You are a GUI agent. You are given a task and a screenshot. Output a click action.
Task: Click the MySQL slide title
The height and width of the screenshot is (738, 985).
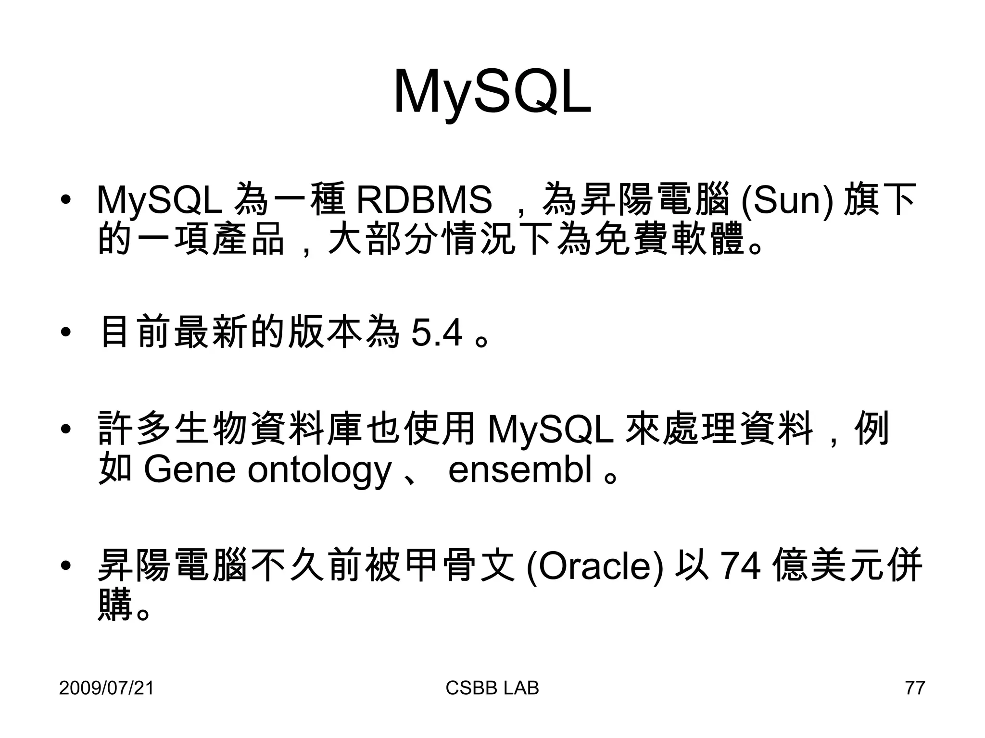[x=492, y=92]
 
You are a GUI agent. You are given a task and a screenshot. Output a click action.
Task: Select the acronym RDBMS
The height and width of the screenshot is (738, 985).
[x=424, y=199]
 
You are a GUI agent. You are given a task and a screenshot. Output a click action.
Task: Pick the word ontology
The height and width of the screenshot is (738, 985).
[x=319, y=471]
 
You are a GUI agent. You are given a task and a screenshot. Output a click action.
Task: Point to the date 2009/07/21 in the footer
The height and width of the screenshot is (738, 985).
[x=106, y=688]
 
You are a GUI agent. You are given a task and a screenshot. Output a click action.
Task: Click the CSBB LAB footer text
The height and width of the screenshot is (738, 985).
[x=492, y=688]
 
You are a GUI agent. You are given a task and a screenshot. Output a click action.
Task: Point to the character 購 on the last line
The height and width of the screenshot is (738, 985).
[x=115, y=605]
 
